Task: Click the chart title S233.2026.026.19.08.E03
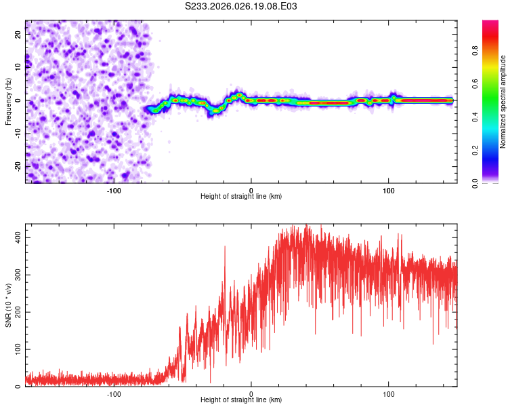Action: pyautogui.click(x=242, y=6)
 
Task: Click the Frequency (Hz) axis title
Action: pyautogui.click(x=8, y=101)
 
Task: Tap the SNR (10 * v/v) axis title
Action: pyautogui.click(x=8, y=307)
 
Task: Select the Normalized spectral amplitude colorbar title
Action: pyautogui.click(x=503, y=101)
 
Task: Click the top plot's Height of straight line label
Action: pyautogui.click(x=241, y=196)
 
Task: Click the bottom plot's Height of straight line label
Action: pyautogui.click(x=241, y=400)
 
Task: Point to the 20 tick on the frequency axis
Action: pyautogui.click(x=18, y=33)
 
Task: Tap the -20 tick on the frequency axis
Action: pyautogui.click(x=17, y=166)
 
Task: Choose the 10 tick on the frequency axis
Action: pyautogui.click(x=18, y=66)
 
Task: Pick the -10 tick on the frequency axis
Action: pyautogui.click(x=17, y=133)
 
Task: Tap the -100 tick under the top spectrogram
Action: pyautogui.click(x=113, y=190)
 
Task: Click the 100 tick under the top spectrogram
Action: pyautogui.click(x=389, y=190)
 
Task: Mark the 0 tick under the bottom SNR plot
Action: pyautogui.click(x=251, y=393)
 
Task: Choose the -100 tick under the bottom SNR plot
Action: pyautogui.click(x=113, y=393)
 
